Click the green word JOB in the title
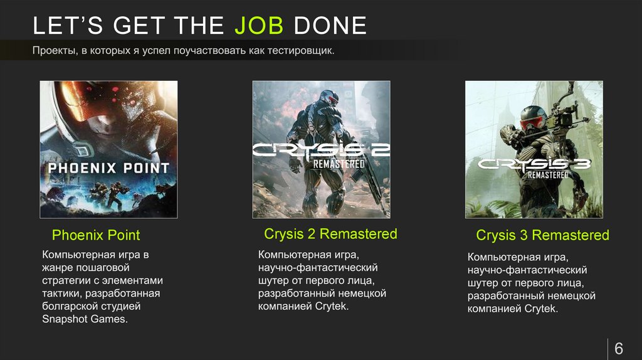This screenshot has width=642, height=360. (260, 26)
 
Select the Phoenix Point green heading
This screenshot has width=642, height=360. (95, 235)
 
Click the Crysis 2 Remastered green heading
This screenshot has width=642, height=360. (330, 234)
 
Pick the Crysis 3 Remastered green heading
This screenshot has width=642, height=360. (542, 235)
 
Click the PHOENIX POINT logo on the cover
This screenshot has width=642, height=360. (108, 168)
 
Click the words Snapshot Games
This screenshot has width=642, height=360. (84, 319)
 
